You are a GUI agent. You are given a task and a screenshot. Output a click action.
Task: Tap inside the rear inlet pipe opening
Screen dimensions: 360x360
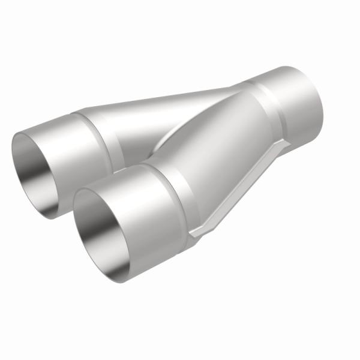coord(39,171)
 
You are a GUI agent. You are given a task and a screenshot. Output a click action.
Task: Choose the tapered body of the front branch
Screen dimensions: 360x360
coord(216,150)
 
